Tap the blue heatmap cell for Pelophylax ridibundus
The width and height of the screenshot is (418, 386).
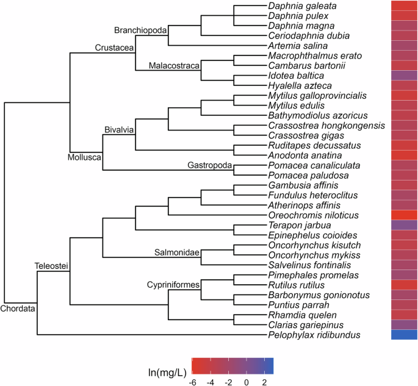[404, 335]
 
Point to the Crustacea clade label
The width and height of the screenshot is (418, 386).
[115, 48]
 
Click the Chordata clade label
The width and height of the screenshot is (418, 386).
[18, 309]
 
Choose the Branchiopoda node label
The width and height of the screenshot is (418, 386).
[141, 30]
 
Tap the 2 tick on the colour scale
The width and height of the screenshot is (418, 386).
[264, 381]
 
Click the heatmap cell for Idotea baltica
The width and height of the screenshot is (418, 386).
[404, 76]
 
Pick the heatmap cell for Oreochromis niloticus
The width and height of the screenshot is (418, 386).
[404, 215]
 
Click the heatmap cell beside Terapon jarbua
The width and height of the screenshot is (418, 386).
[404, 225]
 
